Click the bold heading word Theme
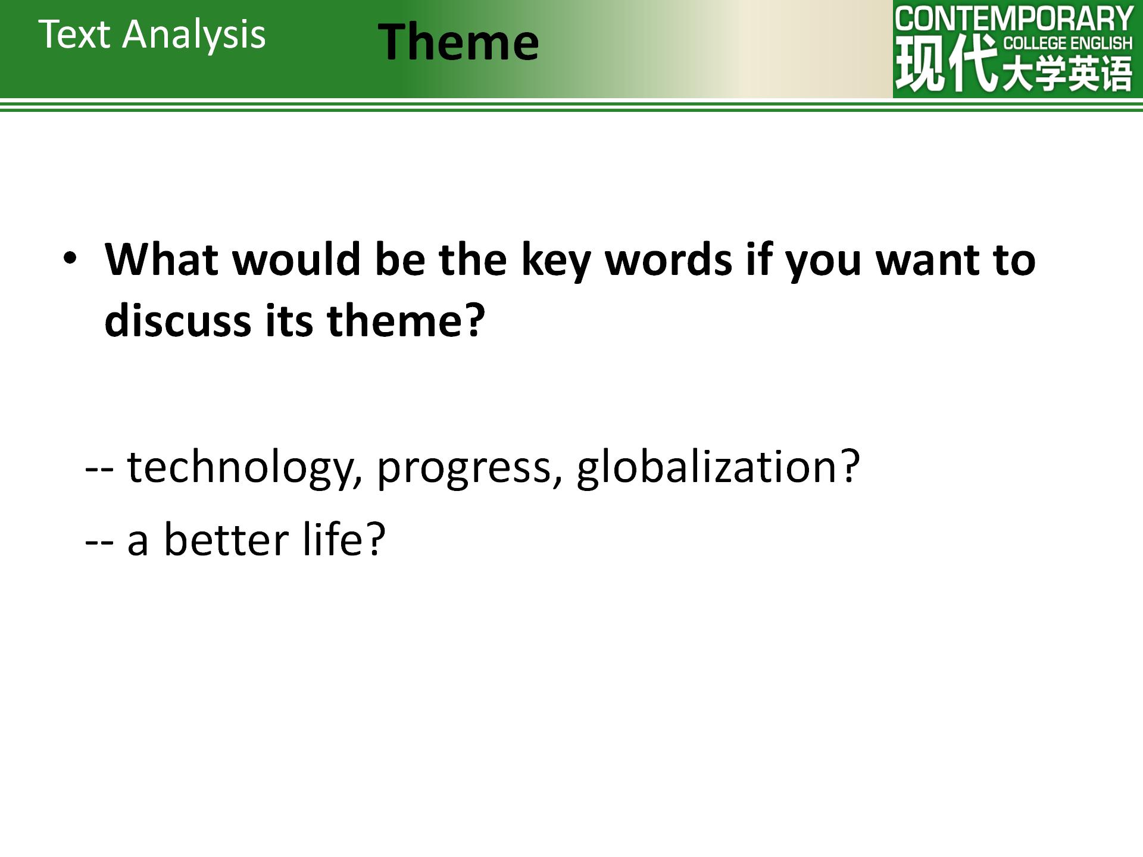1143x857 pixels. click(458, 42)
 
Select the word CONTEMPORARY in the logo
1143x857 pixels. click(1014, 19)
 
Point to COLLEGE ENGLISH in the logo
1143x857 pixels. click(1068, 43)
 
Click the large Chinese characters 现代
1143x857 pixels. click(947, 63)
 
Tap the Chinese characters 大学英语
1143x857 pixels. click(1067, 74)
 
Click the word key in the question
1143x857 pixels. click(555, 262)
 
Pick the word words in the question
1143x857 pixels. click(668, 259)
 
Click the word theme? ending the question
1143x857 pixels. click(407, 319)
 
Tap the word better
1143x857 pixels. click(226, 539)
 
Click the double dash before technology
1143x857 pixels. click(99, 468)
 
